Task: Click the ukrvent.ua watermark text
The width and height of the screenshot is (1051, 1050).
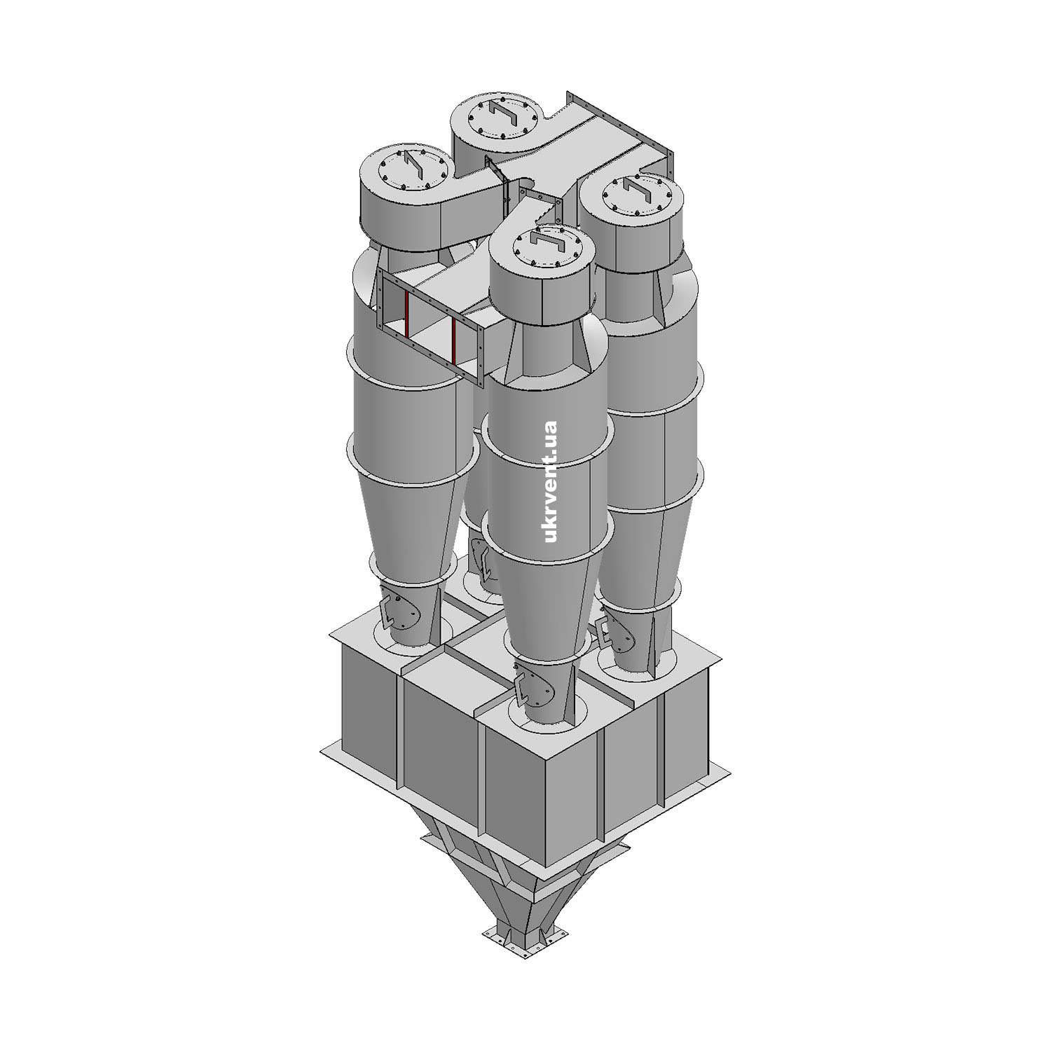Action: coord(550,481)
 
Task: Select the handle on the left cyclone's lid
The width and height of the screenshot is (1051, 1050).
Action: coord(412,168)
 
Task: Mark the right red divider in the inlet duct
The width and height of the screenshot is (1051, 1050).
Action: coord(455,343)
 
